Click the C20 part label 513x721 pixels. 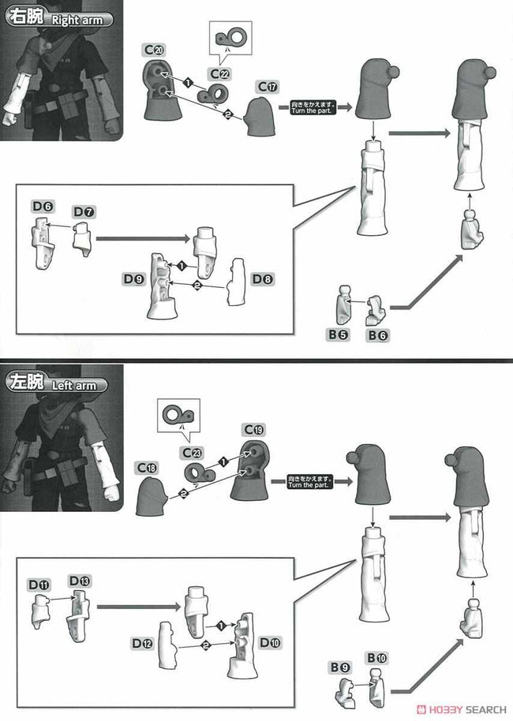pos(154,50)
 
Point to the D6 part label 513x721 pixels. pos(43,206)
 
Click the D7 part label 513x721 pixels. pos(83,212)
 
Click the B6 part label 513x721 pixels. pos(377,335)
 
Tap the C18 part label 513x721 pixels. pos(148,467)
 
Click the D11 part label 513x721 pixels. pos(39,585)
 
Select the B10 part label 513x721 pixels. pos(376,657)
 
